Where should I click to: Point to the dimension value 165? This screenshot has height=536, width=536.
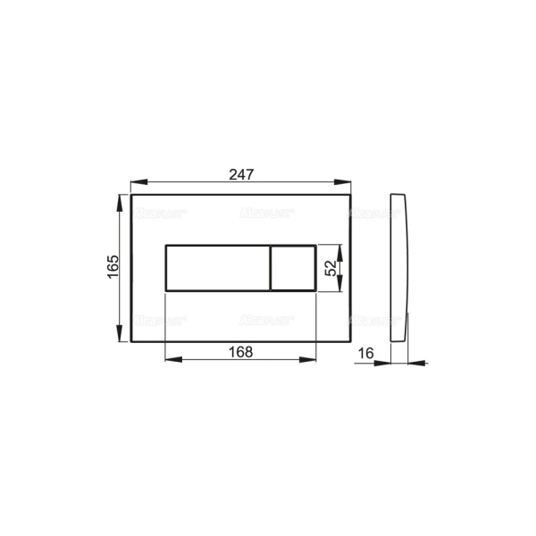click(113, 267)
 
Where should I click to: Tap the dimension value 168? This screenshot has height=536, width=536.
click(240, 351)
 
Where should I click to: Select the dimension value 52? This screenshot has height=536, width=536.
click(330, 267)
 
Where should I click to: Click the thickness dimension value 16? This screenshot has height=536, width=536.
click(364, 354)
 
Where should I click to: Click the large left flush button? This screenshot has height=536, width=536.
click(215, 267)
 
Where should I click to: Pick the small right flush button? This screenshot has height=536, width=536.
click(292, 267)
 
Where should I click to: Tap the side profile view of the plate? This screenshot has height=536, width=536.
click(400, 268)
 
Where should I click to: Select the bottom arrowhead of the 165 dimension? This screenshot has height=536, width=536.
click(121, 336)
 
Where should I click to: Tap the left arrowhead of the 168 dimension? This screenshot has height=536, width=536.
click(170, 361)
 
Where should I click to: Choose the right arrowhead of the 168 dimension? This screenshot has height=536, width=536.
click(310, 361)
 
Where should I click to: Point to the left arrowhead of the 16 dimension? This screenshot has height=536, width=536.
click(388, 363)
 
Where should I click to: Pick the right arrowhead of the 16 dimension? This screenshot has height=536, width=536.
click(414, 363)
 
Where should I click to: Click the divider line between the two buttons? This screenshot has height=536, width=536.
click(269, 267)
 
